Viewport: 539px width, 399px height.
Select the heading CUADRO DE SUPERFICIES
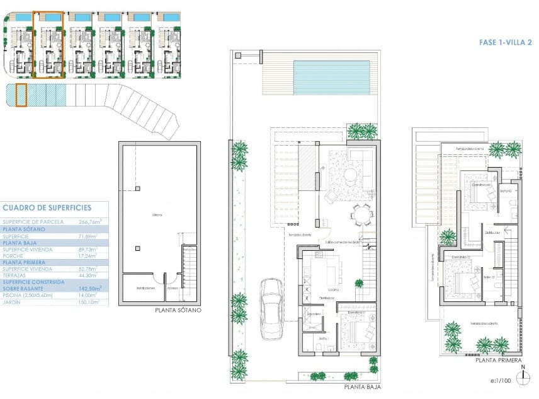47,207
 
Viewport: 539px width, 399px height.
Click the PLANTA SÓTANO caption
178,311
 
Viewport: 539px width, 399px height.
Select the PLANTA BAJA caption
362,388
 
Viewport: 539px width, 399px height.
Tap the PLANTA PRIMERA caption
499,361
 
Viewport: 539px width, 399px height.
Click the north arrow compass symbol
523,377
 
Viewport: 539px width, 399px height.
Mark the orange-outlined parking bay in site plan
21,95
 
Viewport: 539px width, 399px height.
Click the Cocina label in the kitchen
333,289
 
